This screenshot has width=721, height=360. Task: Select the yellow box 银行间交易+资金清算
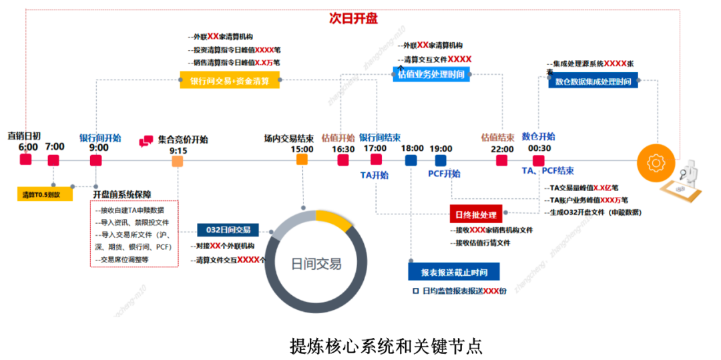(x=230, y=81)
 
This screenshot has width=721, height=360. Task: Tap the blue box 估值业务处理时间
(x=431, y=75)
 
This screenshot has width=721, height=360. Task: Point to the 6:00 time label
(x=28, y=147)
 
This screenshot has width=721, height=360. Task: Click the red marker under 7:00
(x=54, y=160)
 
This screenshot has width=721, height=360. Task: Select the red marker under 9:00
(x=96, y=160)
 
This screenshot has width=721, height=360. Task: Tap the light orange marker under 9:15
(x=177, y=161)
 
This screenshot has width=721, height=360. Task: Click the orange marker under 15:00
(x=302, y=160)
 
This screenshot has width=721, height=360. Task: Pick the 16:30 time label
(x=343, y=149)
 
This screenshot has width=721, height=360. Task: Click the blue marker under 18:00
(x=411, y=160)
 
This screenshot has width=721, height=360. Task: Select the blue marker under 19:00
(x=440, y=160)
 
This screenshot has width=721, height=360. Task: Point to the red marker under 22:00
(x=501, y=160)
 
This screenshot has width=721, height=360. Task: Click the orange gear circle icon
(x=655, y=162)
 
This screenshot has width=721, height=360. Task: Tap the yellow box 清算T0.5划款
(x=45, y=194)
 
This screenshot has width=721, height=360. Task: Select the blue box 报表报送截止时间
(x=454, y=273)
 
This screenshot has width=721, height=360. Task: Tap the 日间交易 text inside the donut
(x=316, y=264)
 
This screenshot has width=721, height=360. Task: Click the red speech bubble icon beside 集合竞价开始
(x=146, y=142)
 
